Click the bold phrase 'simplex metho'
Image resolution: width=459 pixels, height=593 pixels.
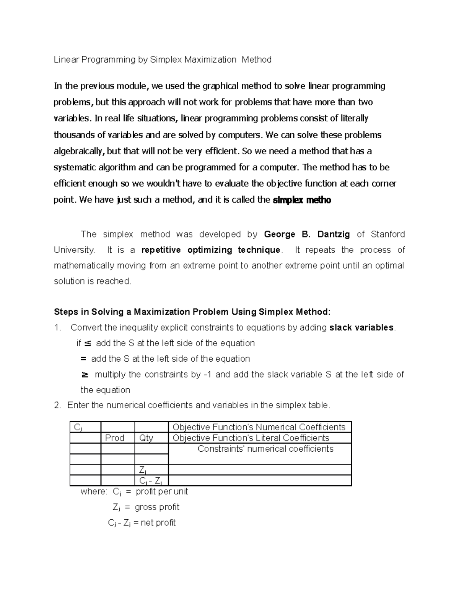[302, 200]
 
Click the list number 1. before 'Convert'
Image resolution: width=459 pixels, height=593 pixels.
[58, 328]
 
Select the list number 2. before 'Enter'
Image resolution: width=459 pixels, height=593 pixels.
[58, 406]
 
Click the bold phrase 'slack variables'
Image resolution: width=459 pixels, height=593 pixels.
[361, 328]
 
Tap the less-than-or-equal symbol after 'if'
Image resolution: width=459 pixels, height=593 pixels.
[87, 343]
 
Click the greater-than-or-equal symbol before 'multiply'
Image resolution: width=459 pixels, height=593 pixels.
[85, 375]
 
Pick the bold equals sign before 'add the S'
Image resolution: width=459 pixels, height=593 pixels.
[84, 359]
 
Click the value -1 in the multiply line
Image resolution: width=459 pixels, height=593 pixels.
[208, 375]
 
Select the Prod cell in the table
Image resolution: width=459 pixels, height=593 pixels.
[115, 438]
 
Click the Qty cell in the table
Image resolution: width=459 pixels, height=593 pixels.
[146, 438]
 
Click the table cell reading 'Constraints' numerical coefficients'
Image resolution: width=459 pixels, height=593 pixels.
[265, 449]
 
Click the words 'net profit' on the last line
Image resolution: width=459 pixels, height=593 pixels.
[158, 523]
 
